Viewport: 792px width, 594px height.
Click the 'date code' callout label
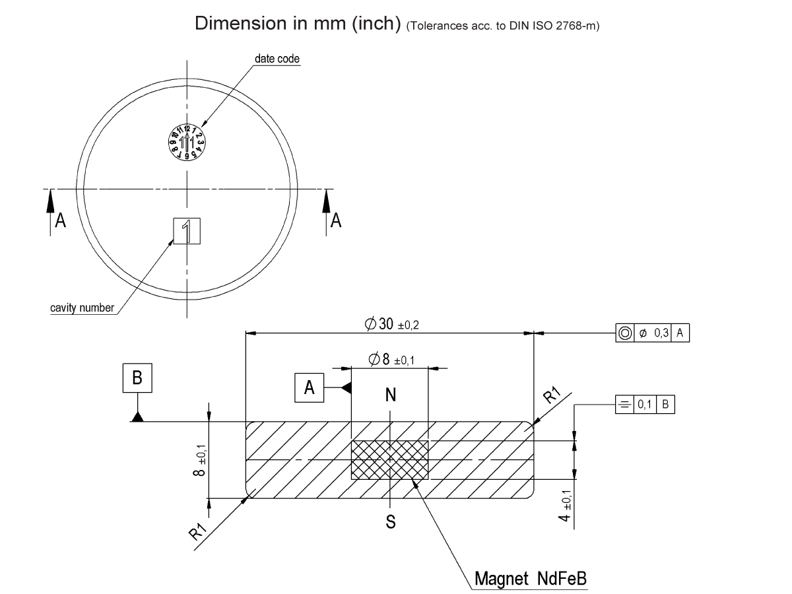tap(277, 59)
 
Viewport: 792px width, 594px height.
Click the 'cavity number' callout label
tap(82, 308)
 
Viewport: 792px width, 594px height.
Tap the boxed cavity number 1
tap(187, 231)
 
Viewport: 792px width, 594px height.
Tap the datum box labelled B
tap(137, 378)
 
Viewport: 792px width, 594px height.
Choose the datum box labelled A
tap(309, 388)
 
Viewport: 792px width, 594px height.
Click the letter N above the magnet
tap(391, 395)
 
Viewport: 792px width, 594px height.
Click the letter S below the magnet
tap(391, 522)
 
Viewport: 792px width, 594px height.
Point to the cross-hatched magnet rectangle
tap(389, 459)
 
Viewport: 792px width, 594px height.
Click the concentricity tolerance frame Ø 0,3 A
tap(651, 333)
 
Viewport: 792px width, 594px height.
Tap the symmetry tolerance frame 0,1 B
tap(644, 405)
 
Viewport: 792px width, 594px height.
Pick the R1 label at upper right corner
tap(552, 396)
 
